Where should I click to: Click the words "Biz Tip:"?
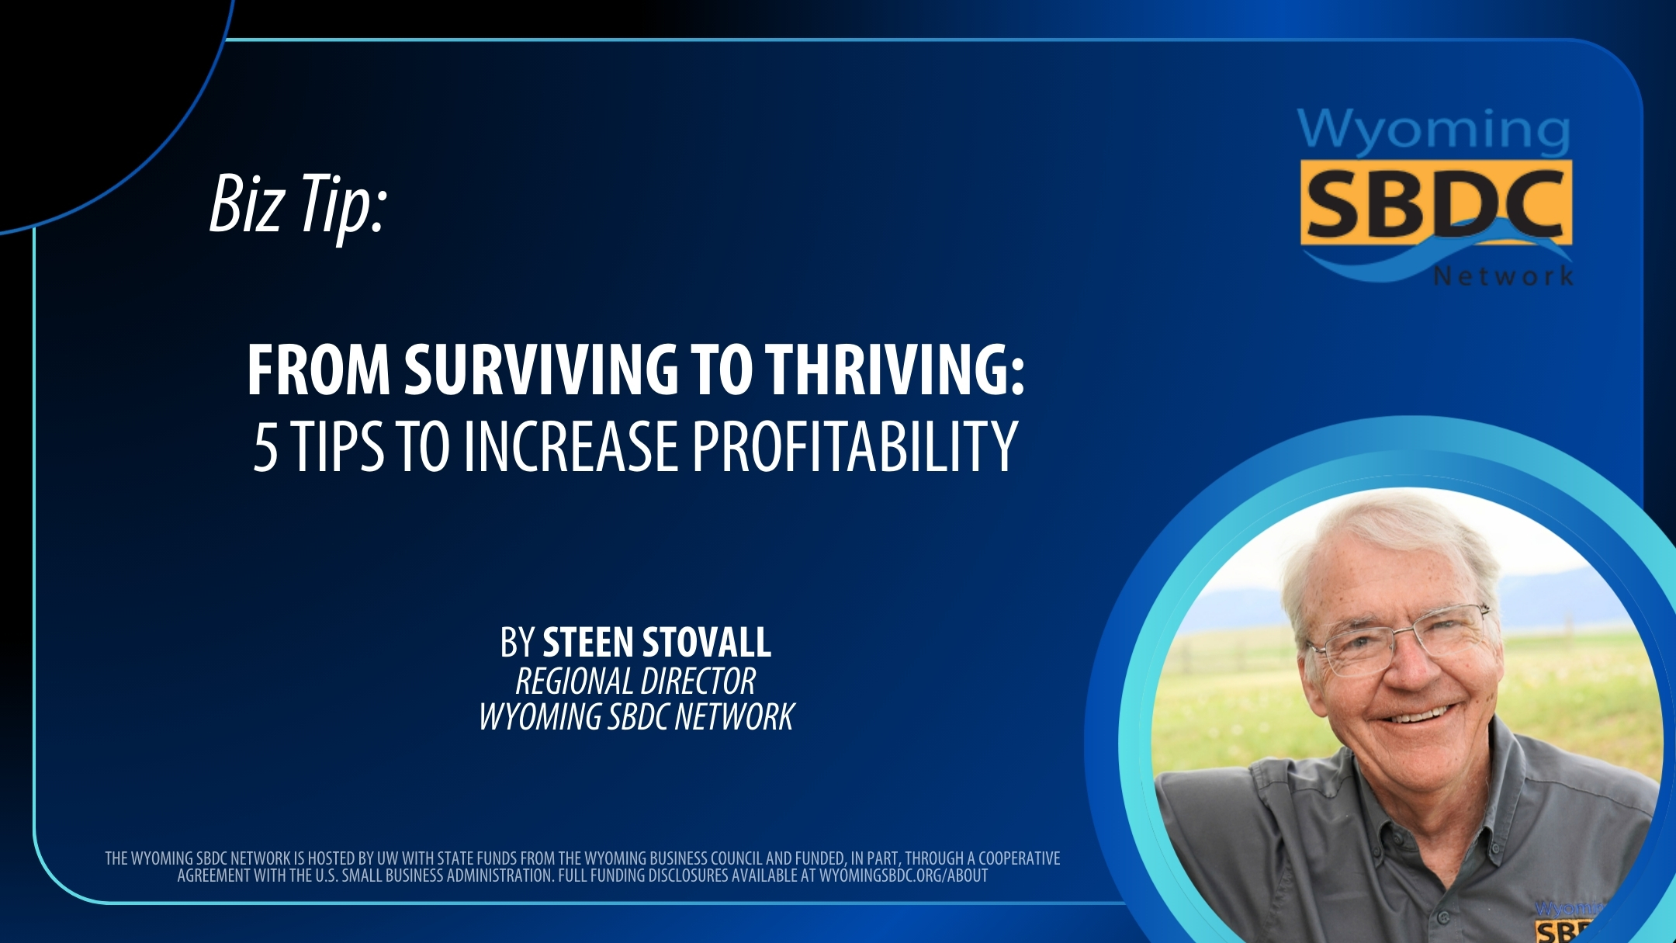pos(298,203)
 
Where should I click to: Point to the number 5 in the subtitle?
pos(265,449)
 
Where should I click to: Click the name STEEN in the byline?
pos(587,643)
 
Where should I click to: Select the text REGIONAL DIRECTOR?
pos(635,681)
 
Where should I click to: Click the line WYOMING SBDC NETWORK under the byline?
pos(636,716)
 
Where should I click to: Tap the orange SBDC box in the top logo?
pos(1435,203)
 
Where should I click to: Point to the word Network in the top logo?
pos(1503,276)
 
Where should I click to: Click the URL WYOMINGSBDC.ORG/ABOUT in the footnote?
pos(903,876)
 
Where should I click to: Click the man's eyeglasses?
pos(1397,640)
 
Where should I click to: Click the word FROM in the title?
pos(318,370)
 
